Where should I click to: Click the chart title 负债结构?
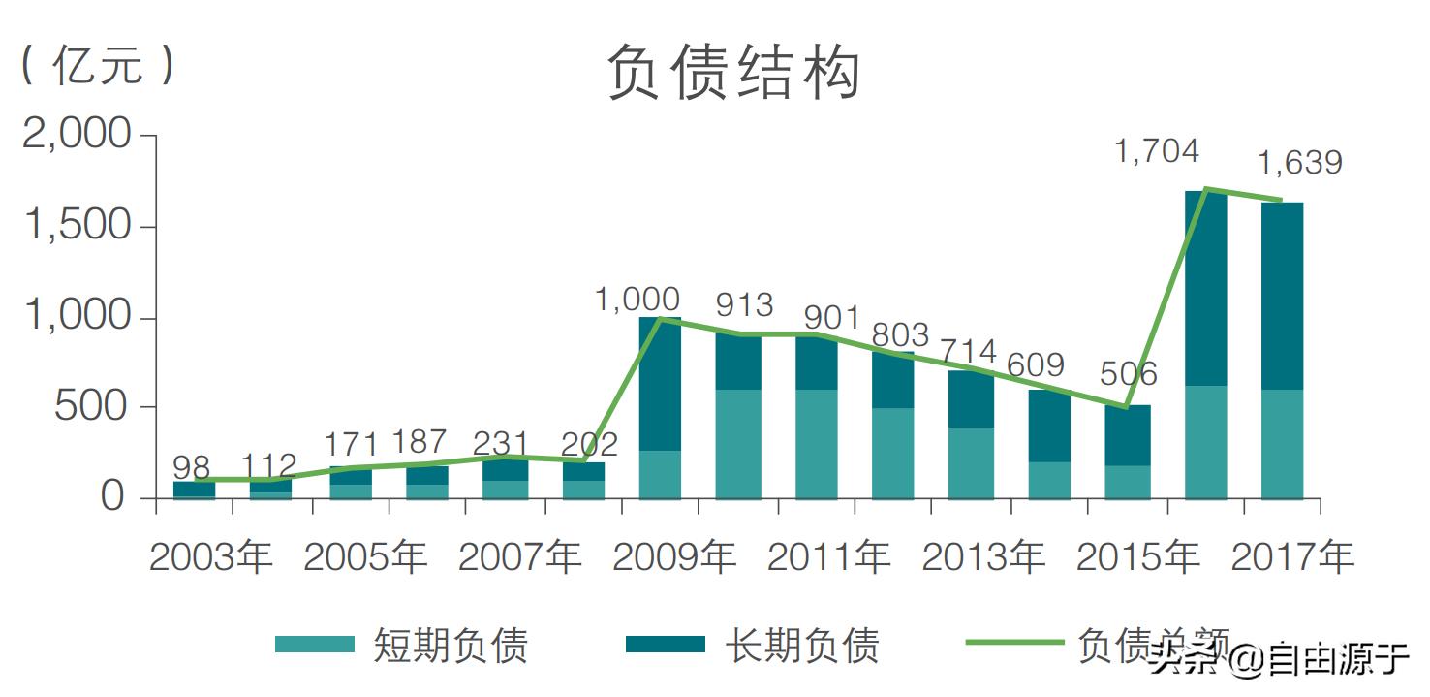pos(733,75)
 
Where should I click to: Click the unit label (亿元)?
pos(98,66)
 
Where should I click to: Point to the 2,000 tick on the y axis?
pos(77,135)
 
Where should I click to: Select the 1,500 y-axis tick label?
pos(77,226)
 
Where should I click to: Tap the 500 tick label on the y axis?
pos(91,407)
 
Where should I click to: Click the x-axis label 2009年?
pos(674,557)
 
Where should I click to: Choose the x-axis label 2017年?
pos(1291,557)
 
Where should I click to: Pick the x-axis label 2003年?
pos(211,557)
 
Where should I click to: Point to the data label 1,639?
pos(1299,163)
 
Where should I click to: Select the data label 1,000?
pos(637,300)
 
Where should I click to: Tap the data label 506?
pos(1128,374)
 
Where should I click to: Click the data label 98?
pos(191,465)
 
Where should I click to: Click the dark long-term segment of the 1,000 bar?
pos(660,384)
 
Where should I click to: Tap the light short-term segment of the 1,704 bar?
pos(1205,442)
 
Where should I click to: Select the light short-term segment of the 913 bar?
pos(737,444)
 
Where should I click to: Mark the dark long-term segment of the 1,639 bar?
pos(1282,296)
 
